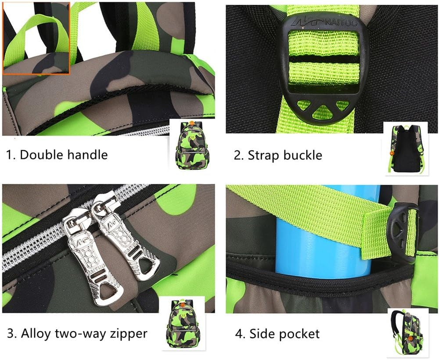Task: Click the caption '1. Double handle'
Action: click(57, 155)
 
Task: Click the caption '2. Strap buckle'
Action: click(278, 155)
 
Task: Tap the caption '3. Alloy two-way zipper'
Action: click(77, 333)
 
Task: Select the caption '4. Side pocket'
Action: click(277, 334)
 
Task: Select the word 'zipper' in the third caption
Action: click(129, 334)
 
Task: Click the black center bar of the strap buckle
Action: click(324, 59)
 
